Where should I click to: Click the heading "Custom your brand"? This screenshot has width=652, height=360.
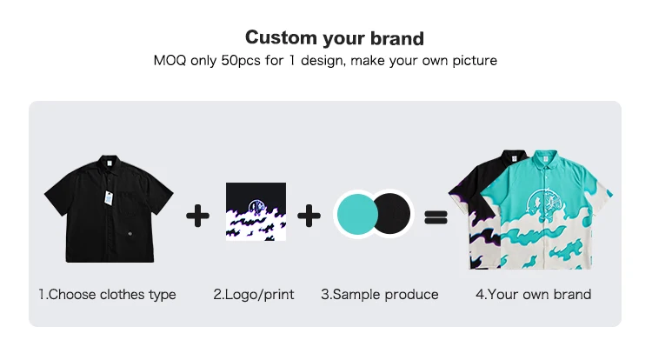coord(335,38)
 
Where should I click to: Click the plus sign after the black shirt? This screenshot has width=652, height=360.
coord(197,216)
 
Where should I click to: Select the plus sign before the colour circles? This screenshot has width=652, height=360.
coord(309,216)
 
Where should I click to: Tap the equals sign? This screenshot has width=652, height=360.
coord(436,217)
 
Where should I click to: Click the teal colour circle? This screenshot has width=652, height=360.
coord(356,215)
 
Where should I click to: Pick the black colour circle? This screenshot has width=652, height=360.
coord(392,214)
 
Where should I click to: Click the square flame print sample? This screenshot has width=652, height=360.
coord(256,211)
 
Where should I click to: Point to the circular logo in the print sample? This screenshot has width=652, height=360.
coord(256,207)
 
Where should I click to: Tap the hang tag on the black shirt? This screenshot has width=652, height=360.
coord(109,197)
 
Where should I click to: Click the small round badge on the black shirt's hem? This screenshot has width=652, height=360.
coord(130,235)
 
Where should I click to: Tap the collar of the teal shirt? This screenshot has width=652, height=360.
coord(546,158)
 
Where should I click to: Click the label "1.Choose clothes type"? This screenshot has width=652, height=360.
coord(107,295)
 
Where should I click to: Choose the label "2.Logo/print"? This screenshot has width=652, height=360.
coord(254,295)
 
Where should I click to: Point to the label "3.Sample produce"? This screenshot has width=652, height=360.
coord(380,295)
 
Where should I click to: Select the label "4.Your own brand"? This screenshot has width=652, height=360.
coord(534,295)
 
